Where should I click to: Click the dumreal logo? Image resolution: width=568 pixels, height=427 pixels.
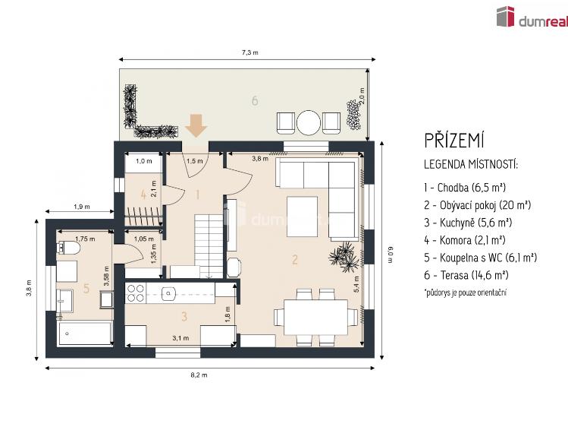[x=532, y=17]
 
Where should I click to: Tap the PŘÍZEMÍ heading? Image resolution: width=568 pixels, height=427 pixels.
[x=454, y=141]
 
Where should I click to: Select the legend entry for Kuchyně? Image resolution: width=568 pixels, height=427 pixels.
[x=468, y=223]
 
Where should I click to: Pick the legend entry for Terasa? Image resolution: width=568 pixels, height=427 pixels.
[x=466, y=275]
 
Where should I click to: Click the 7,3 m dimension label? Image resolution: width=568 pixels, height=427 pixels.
[x=250, y=52]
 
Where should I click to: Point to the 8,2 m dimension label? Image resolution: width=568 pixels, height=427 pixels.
[x=199, y=375]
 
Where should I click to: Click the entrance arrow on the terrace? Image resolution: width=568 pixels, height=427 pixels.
[x=196, y=125]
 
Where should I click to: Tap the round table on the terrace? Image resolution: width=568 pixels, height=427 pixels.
[x=309, y=122]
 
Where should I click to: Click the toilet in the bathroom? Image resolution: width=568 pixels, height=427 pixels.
[x=68, y=248]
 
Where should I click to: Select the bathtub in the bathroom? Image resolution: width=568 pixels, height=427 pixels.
[x=86, y=333]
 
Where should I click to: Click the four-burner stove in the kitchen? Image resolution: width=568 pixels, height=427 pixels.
[x=136, y=293]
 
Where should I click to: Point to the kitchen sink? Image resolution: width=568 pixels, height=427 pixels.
[x=168, y=293]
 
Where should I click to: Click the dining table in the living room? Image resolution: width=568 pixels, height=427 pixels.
[x=316, y=317]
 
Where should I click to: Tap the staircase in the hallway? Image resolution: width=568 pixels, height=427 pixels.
[x=209, y=246]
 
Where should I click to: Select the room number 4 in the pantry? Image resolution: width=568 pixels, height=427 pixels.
[x=143, y=195]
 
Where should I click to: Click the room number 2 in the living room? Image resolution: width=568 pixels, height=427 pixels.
[x=295, y=259]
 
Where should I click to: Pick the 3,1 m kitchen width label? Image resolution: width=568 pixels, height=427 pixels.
[x=180, y=338]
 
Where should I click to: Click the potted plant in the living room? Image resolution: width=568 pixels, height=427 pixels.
[x=344, y=257]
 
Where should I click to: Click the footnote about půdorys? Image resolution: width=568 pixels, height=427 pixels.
[x=465, y=293]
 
